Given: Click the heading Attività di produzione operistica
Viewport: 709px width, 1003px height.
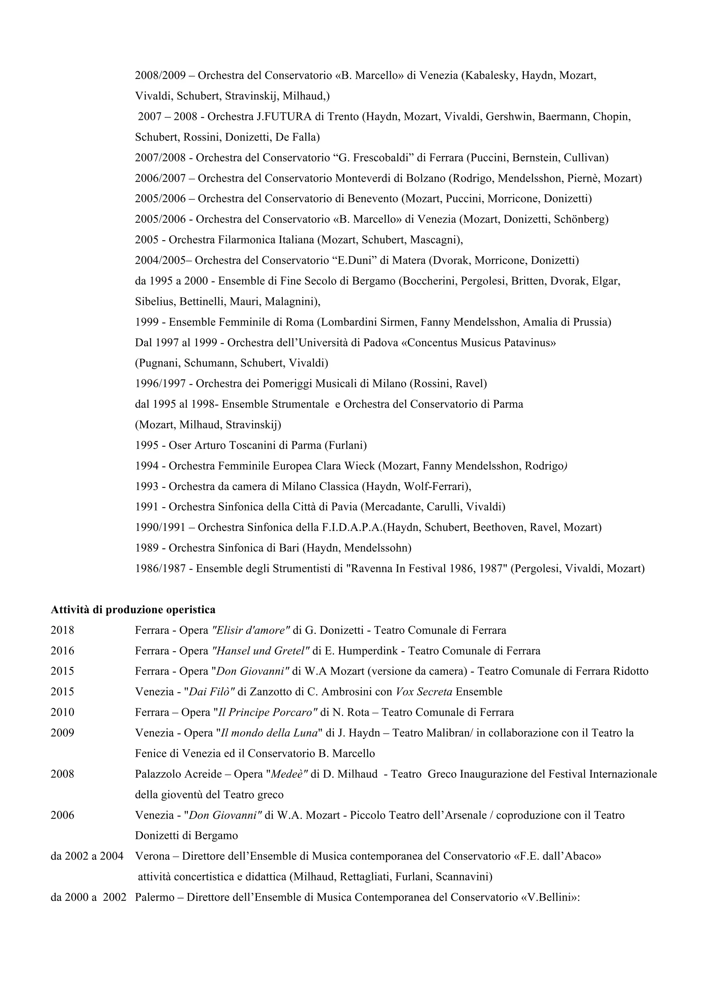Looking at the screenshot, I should [133, 609].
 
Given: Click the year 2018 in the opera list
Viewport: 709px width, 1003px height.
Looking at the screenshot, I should [62, 630].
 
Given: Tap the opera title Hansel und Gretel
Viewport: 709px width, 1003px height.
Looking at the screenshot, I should [260, 651].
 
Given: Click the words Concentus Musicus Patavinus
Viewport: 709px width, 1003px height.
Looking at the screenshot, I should [478, 343].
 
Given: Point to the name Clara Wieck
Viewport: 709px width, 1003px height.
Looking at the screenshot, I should [345, 466].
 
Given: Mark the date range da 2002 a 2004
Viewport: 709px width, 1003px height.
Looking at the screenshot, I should [87, 856].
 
